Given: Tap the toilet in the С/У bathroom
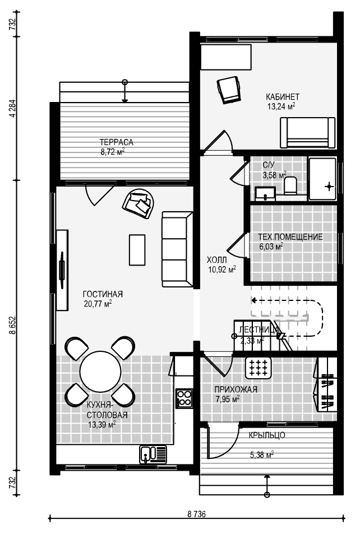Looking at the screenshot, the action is click(291, 185).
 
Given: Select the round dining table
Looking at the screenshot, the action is click(100, 372).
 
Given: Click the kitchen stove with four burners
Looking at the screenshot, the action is click(184, 398).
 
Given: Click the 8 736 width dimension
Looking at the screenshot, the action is click(196, 514).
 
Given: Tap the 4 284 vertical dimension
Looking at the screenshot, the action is click(12, 108).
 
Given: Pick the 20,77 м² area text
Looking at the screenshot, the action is click(98, 304).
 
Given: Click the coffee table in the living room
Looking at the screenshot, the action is click(137, 250).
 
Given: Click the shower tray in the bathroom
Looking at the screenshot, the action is click(322, 179).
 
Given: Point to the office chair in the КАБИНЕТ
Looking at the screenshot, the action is click(229, 89).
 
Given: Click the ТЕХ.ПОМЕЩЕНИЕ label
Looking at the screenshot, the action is click(290, 236).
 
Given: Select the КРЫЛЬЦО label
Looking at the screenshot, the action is click(267, 435).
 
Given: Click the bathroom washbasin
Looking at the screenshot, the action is click(265, 193).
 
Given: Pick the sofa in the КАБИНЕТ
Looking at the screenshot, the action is click(307, 132).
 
